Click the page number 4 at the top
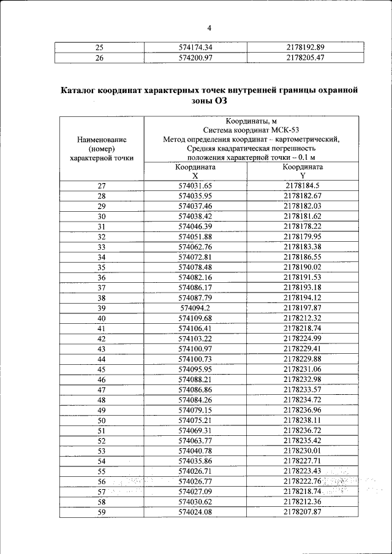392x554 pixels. (x=209, y=28)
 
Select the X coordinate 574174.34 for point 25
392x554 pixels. (x=195, y=47)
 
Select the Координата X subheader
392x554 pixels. (x=195, y=171)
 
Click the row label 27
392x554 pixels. (x=102, y=185)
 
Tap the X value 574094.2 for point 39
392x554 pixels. (x=195, y=307)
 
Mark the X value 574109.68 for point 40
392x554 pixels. (x=195, y=318)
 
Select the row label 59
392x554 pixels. (x=102, y=512)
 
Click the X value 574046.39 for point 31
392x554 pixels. (x=195, y=226)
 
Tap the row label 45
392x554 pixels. (x=102, y=369)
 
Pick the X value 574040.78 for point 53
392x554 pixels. (x=195, y=451)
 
